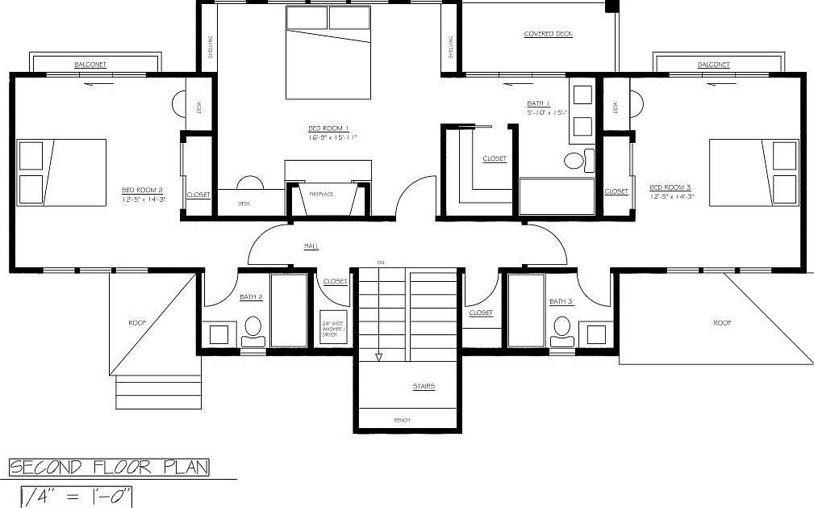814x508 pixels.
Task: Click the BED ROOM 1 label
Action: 328,128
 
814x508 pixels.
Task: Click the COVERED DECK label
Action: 548,34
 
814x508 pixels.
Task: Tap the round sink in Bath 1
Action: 574,161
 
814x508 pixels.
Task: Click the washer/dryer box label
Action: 334,330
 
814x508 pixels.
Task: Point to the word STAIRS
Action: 423,387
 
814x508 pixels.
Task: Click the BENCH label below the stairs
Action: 403,421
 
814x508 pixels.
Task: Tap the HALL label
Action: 311,246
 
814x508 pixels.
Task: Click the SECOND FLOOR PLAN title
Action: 109,468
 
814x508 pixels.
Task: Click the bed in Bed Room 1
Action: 328,52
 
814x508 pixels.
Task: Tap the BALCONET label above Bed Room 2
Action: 90,65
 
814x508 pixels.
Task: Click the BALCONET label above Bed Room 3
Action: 713,65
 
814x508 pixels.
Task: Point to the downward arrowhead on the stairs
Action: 378,357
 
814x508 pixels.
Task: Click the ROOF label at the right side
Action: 722,322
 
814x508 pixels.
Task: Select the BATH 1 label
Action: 538,104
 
